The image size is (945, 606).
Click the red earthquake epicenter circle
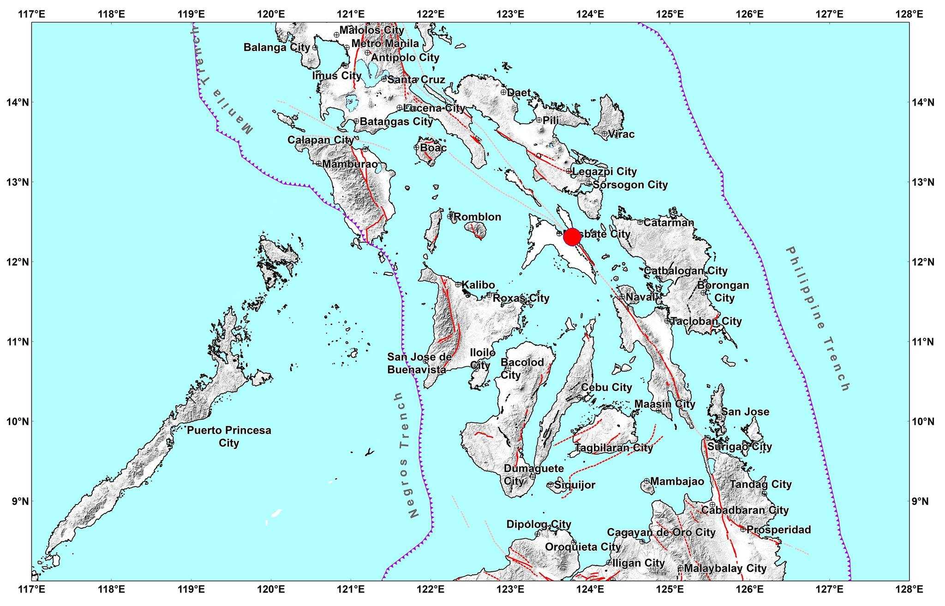pyautogui.click(x=572, y=237)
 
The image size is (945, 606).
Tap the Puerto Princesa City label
pyautogui.click(x=229, y=437)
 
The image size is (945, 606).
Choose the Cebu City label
pyautogui.click(x=606, y=387)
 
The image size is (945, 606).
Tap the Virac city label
pyautogui.click(x=621, y=134)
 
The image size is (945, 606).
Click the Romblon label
pyautogui.click(x=478, y=217)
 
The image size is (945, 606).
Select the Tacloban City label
pyautogui.click(x=706, y=321)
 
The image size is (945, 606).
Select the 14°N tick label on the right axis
pyautogui.click(x=923, y=102)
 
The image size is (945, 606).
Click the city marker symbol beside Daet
pyautogui.click(x=503, y=92)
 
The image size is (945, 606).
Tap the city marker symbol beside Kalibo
pyautogui.click(x=458, y=284)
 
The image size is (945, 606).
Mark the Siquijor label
pyautogui.click(x=574, y=485)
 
